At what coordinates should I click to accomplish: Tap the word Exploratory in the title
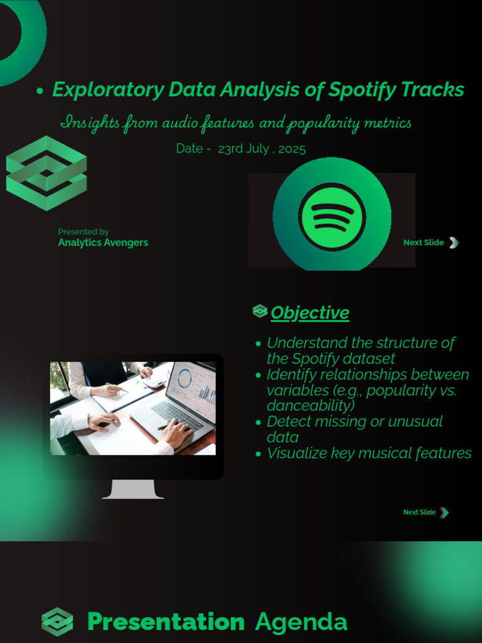(108, 90)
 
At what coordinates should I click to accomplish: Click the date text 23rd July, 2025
(262, 148)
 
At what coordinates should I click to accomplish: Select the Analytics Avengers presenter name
(103, 243)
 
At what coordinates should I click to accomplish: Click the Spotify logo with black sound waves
(332, 217)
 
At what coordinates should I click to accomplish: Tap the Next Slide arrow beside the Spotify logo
(454, 243)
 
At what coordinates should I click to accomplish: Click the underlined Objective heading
(310, 313)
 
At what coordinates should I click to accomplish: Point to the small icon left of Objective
(260, 311)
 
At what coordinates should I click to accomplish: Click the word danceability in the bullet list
(311, 406)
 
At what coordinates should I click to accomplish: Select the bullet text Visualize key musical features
(369, 453)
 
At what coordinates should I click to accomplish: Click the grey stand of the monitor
(133, 489)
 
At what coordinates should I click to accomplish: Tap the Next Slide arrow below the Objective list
(444, 512)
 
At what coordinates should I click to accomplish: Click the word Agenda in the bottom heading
(301, 622)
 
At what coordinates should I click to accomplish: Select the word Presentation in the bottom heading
(166, 622)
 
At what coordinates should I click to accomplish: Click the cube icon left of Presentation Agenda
(57, 622)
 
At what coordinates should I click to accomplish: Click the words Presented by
(83, 232)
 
